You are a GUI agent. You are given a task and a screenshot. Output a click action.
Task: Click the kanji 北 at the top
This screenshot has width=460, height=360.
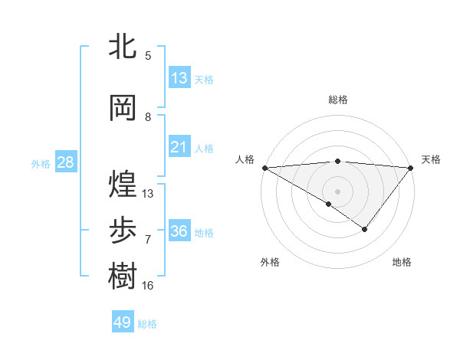pyautogui.click(x=123, y=47)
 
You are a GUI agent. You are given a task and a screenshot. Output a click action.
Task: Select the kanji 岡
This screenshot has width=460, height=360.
pyautogui.click(x=123, y=107)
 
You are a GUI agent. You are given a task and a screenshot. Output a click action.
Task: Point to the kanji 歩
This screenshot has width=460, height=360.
pyautogui.click(x=123, y=230)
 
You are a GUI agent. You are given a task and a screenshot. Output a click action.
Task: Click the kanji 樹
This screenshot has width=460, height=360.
pyautogui.click(x=123, y=276)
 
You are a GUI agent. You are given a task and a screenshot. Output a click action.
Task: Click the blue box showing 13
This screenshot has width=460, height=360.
pyautogui.click(x=179, y=77)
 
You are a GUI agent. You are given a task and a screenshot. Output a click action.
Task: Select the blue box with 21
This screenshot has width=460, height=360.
pyautogui.click(x=179, y=147)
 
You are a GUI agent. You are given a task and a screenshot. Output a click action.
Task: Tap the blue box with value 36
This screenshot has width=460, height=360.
pyautogui.click(x=179, y=231)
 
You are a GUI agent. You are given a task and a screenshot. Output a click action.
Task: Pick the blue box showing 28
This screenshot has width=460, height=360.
pyautogui.click(x=65, y=162)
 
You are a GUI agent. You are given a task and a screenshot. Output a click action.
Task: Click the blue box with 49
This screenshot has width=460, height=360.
pyautogui.click(x=123, y=322)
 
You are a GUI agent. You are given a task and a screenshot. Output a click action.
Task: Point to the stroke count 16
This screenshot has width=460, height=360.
pyautogui.click(x=148, y=286)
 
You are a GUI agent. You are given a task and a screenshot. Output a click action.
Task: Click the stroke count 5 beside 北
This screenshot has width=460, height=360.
pyautogui.click(x=148, y=55)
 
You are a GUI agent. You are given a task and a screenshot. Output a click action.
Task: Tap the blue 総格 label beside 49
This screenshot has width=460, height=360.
pyautogui.click(x=147, y=324)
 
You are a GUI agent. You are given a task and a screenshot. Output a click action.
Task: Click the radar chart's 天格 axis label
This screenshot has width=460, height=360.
pyautogui.click(x=431, y=159)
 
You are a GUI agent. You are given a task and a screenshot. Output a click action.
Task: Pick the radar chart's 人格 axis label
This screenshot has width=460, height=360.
pyautogui.click(x=245, y=159)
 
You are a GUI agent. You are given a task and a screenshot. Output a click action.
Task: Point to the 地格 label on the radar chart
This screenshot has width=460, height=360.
pyautogui.click(x=402, y=262)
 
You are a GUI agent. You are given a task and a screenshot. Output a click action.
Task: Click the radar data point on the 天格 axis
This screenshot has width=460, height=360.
pyautogui.click(x=411, y=167)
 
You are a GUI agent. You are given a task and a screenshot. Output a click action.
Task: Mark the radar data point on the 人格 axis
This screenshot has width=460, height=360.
pyautogui.click(x=264, y=167)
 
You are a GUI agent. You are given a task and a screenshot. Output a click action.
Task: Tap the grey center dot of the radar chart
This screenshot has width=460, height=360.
pyautogui.click(x=337, y=191)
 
